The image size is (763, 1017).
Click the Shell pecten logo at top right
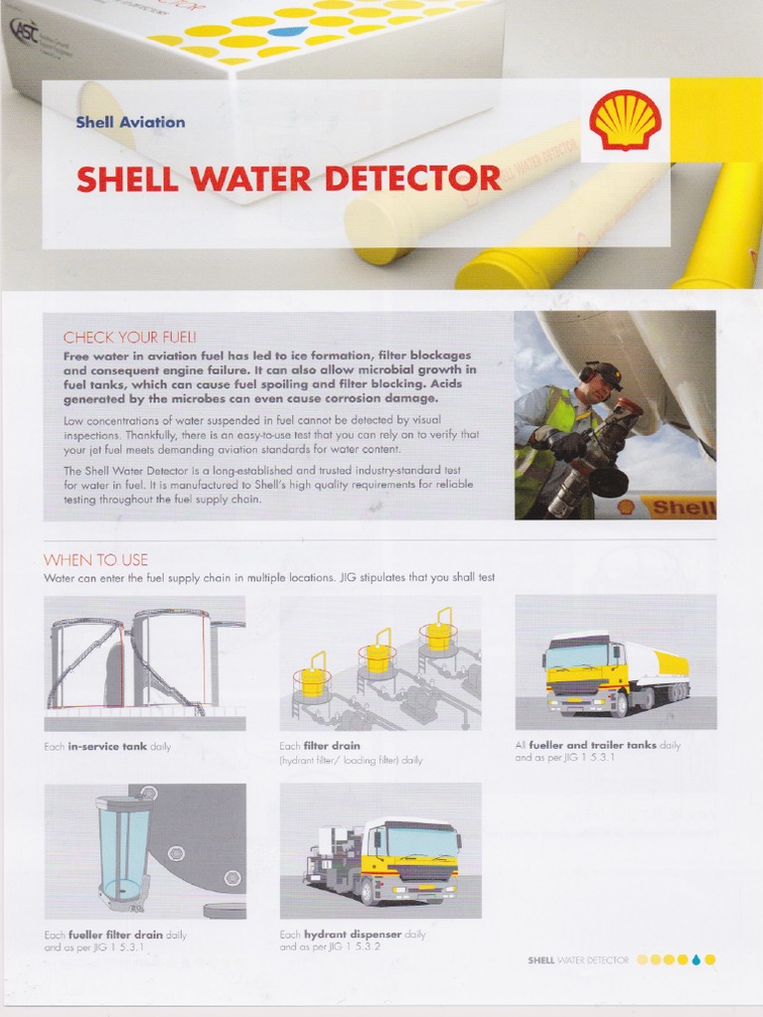(x=624, y=120)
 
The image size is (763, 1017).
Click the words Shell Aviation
(x=130, y=122)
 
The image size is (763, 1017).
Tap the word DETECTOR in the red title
(x=417, y=179)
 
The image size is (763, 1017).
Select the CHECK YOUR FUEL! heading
(x=129, y=337)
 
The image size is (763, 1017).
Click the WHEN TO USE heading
(x=95, y=559)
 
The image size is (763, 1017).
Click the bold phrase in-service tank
(x=107, y=746)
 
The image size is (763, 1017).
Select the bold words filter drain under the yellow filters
(x=333, y=745)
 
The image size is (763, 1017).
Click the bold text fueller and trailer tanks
(x=599, y=745)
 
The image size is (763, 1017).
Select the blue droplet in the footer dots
(x=695, y=959)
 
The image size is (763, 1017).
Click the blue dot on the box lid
(x=287, y=31)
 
